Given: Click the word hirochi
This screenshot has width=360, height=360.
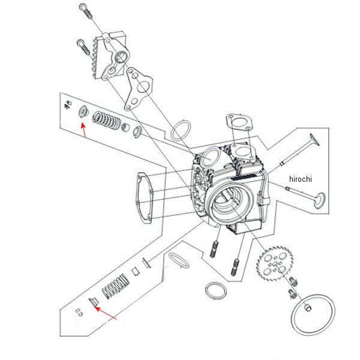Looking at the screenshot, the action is click(301, 179).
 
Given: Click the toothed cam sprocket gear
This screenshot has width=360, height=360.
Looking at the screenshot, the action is click(275, 263).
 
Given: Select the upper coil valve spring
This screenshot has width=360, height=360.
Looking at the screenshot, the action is click(107, 120).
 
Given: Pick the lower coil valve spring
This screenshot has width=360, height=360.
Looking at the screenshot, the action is click(115, 286).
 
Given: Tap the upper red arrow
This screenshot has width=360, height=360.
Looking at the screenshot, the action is click(84, 130).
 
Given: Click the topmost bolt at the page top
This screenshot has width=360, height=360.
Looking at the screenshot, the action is click(86, 11).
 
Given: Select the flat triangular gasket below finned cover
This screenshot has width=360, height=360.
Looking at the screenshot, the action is click(139, 89).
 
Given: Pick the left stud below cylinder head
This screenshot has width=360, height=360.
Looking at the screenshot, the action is click(214, 248).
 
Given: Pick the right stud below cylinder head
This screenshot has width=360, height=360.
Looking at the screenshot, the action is click(235, 267).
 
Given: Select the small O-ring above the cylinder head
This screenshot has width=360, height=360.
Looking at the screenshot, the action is click(181, 131).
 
